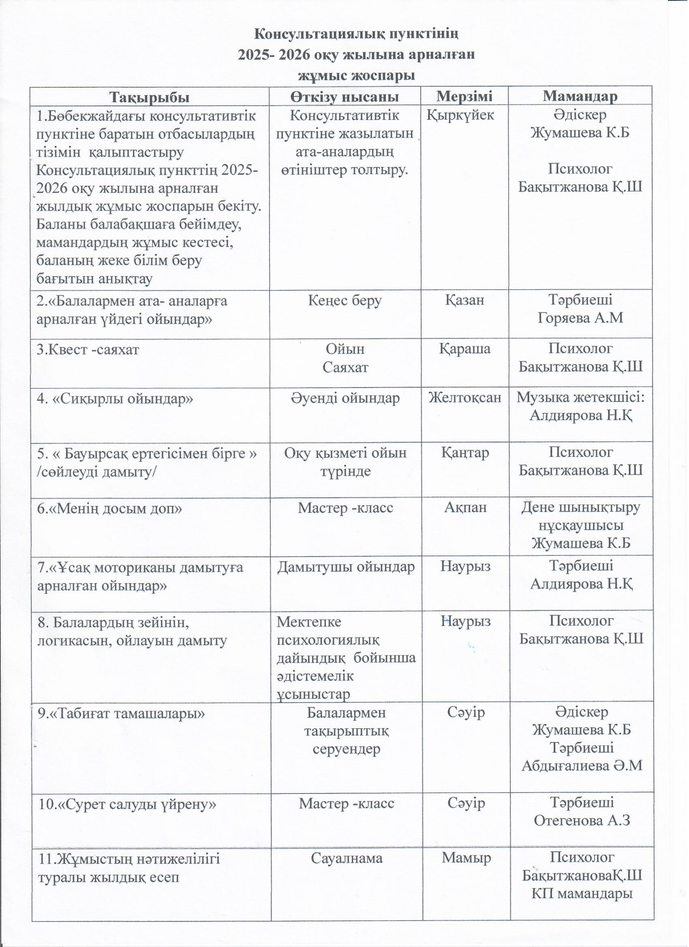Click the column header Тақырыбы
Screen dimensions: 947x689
[x=149, y=96]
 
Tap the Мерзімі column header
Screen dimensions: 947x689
[x=464, y=96]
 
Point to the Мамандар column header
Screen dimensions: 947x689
[x=580, y=96]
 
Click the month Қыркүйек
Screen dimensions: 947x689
[x=460, y=115]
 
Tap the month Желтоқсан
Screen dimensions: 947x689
[x=464, y=398]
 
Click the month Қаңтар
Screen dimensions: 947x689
[x=464, y=452]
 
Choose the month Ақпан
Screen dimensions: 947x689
[x=465, y=507]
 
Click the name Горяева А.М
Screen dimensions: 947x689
[x=580, y=318]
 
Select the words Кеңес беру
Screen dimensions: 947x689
[x=345, y=301]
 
